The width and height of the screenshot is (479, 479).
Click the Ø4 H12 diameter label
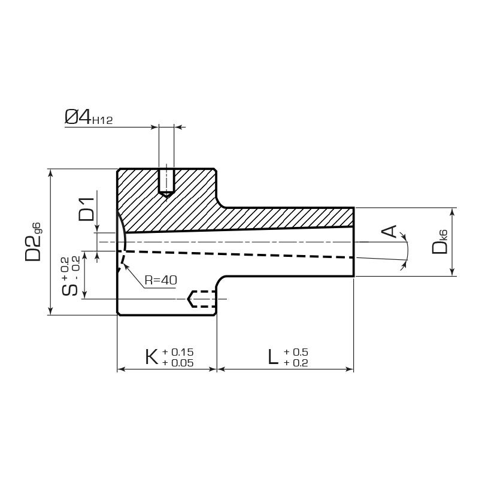(89, 117)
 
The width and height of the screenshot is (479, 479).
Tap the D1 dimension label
(86, 209)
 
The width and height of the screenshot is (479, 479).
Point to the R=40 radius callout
(160, 280)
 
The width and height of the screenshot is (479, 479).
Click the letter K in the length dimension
(152, 356)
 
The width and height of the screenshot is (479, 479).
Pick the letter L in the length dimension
(273, 356)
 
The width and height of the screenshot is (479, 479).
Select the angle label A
(389, 231)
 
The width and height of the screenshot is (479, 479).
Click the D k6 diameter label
(440, 242)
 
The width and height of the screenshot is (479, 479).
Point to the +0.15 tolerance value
(178, 352)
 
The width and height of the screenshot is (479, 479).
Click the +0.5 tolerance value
(296, 352)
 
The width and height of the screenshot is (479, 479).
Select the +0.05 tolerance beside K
(178, 363)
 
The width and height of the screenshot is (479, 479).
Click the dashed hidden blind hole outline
(202, 299)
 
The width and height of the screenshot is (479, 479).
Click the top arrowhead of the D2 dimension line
(51, 172)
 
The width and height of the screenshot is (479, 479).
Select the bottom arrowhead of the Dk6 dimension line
(453, 272)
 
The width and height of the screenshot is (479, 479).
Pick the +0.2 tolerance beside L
(296, 363)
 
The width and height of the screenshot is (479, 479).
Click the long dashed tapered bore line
(239, 254)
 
